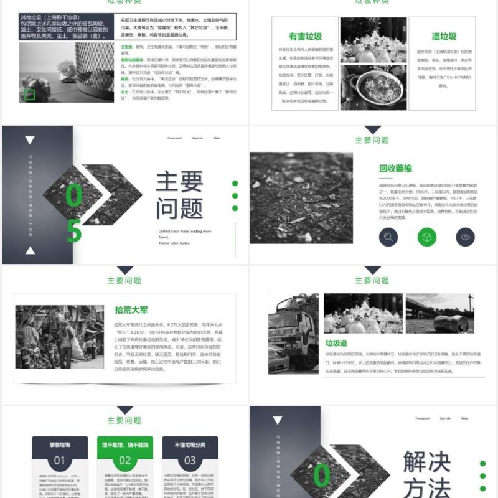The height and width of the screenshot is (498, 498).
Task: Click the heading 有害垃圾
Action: coord(305,37)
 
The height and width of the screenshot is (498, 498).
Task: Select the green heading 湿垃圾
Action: coord(444,37)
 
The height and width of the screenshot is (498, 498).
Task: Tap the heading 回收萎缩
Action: coord(395,168)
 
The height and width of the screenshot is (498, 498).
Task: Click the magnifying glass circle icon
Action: coord(389,237)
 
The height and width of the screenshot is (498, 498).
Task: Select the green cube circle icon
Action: coord(427,237)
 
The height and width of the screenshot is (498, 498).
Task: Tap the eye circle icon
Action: coord(465,237)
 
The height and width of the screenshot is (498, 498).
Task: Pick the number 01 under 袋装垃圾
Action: coord(59,461)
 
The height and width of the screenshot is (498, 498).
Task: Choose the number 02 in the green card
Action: coord(125,461)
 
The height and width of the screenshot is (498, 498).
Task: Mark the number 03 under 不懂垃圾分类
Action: coord(190,461)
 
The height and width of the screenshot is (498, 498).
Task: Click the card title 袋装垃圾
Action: coord(59,444)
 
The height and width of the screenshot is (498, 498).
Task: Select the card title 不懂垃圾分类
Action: coord(190,444)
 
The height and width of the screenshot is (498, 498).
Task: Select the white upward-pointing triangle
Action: coord(30,251)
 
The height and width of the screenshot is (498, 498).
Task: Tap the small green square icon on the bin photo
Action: coord(29,95)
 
